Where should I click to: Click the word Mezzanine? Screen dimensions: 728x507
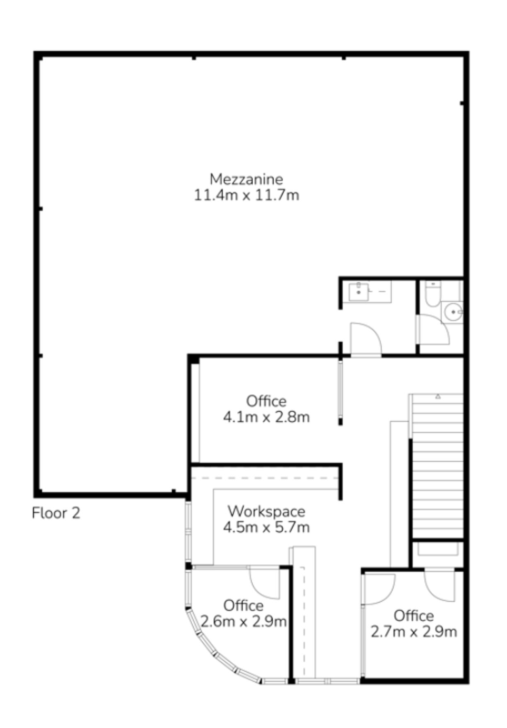(246, 179)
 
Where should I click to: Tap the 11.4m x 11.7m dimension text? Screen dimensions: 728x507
(246, 195)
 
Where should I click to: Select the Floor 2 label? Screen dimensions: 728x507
(56, 513)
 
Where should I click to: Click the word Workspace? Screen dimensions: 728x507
(266, 511)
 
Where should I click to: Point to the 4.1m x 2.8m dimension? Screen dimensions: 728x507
(266, 417)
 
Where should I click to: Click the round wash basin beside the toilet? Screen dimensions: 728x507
(452, 312)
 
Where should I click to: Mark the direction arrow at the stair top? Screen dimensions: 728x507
(438, 397)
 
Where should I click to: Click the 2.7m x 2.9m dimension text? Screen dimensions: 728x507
(413, 632)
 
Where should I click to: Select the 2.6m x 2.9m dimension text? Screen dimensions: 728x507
(244, 622)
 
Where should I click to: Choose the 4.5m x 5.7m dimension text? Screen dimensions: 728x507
(266, 527)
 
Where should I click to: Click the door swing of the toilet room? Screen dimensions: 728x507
(433, 330)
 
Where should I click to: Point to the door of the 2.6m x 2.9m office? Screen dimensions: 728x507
(264, 582)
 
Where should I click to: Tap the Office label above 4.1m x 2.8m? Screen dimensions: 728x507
(266, 401)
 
